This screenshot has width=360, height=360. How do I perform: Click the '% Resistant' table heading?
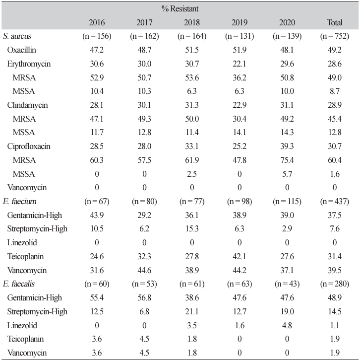(x=180, y=9)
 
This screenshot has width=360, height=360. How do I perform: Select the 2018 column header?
(x=192, y=22)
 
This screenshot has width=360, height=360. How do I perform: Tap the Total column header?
(x=335, y=22)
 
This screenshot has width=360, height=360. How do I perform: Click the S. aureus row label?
(x=17, y=36)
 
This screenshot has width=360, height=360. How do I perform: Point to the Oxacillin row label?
(x=22, y=50)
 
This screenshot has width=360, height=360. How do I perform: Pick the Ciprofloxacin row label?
(x=29, y=146)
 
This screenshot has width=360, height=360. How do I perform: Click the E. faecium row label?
(x=19, y=202)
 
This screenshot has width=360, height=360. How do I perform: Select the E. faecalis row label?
(x=19, y=284)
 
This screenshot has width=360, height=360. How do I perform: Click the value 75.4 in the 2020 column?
(x=287, y=160)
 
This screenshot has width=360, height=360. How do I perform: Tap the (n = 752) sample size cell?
(x=335, y=36)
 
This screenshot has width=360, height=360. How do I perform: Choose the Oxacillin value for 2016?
(x=97, y=50)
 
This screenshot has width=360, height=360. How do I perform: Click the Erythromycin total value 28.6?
(x=335, y=64)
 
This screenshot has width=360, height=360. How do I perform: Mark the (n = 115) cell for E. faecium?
(x=287, y=202)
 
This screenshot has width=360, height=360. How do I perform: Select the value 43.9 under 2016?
(x=97, y=215)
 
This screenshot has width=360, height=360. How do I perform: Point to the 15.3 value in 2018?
(x=192, y=229)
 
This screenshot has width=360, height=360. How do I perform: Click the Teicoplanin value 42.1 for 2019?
(x=240, y=256)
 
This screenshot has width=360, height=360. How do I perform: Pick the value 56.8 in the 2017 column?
(x=144, y=298)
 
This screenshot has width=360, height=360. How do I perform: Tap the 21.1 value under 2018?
(x=192, y=311)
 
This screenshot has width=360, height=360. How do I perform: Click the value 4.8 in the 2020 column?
(x=287, y=325)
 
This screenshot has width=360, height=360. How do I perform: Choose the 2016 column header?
(x=97, y=22)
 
